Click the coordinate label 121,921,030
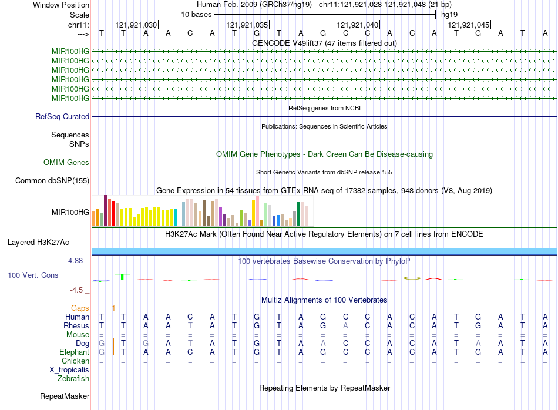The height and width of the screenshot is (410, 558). (x=136, y=25)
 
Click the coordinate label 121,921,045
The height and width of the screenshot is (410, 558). (x=468, y=25)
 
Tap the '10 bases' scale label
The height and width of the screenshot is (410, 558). (x=196, y=14)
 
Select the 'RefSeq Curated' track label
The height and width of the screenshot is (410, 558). (x=62, y=116)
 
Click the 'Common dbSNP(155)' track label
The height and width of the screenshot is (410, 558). (x=52, y=180)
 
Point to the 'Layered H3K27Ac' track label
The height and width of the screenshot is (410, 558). (x=38, y=242)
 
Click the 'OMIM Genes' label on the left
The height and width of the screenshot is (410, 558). (x=66, y=162)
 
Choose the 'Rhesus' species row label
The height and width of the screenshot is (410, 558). (x=77, y=325)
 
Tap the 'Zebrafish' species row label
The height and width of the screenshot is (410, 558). (x=73, y=378)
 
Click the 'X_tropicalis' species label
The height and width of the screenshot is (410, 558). (x=69, y=369)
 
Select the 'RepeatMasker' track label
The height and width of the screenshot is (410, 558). (x=65, y=396)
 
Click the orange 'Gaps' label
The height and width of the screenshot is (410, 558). (x=80, y=308)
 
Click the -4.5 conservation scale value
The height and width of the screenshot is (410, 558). (x=79, y=290)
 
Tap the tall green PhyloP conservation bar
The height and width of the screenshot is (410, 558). (x=122, y=276)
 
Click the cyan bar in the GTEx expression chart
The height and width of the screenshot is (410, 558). (x=176, y=218)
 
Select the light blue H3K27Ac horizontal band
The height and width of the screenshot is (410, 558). (x=324, y=251)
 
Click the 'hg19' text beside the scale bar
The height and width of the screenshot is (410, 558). (x=449, y=14)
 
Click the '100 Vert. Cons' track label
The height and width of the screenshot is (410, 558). (x=33, y=275)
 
